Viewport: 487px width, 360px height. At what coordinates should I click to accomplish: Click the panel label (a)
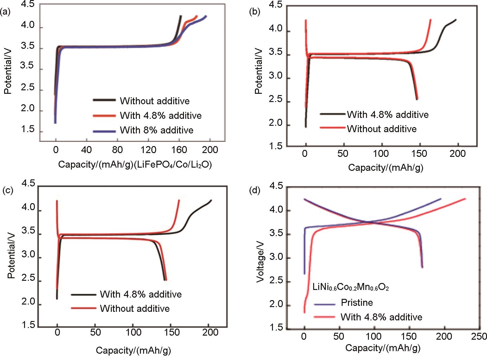coord(5,12)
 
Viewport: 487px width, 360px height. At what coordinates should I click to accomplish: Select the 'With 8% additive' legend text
coord(156,130)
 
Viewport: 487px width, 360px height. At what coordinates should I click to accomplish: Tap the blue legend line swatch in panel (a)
coord(104,131)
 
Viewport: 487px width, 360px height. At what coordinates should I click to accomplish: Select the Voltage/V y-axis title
coord(261,257)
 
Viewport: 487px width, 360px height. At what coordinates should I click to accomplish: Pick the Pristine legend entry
coord(357,303)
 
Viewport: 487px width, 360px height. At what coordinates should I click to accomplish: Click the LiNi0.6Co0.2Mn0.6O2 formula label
coord(350,288)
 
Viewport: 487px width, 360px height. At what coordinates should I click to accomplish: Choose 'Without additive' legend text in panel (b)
coord(382,129)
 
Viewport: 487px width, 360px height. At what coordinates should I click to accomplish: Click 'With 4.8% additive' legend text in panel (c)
coord(141,294)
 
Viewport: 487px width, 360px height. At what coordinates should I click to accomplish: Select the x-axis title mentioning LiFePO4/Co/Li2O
coord(135,165)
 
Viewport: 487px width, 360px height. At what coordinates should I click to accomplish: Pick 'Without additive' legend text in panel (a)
coord(155,101)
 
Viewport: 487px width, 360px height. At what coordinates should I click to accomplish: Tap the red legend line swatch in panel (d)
coord(325,317)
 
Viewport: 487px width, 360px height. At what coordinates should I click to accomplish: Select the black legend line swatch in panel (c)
coord(84,294)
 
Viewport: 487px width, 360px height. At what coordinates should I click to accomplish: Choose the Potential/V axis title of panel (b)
coord(259,71)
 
